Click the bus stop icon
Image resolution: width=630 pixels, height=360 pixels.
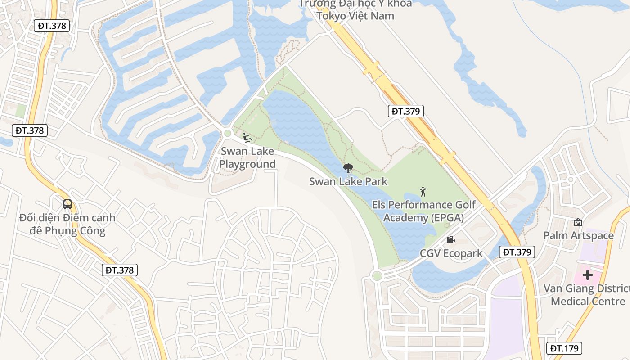[x=67, y=204]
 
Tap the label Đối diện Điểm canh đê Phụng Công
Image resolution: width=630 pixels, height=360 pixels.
[x=67, y=225]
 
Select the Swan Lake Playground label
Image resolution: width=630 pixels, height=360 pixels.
[x=247, y=157]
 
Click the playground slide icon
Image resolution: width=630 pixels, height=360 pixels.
[x=247, y=137]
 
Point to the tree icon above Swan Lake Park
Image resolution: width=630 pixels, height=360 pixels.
[x=348, y=169]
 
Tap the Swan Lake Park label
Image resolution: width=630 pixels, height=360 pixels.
[x=348, y=182]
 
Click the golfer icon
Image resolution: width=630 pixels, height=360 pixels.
[x=423, y=192]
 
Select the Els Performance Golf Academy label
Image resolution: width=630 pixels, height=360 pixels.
[x=423, y=211]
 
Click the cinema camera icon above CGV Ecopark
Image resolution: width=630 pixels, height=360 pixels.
[x=450, y=240]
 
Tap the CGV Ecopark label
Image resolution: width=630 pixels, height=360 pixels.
[x=451, y=253]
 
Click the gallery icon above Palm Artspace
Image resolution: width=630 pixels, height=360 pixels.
[x=578, y=222]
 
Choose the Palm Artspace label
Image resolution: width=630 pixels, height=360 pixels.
[x=578, y=235]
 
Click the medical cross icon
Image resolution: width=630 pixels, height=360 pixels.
[x=587, y=274]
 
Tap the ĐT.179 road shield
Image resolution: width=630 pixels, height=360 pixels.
[x=565, y=348]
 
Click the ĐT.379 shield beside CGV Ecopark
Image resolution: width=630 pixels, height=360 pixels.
[x=517, y=252]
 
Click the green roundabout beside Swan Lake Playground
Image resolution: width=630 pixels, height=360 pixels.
[x=227, y=133]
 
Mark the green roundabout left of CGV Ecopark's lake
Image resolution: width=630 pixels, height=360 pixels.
[x=377, y=276]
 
